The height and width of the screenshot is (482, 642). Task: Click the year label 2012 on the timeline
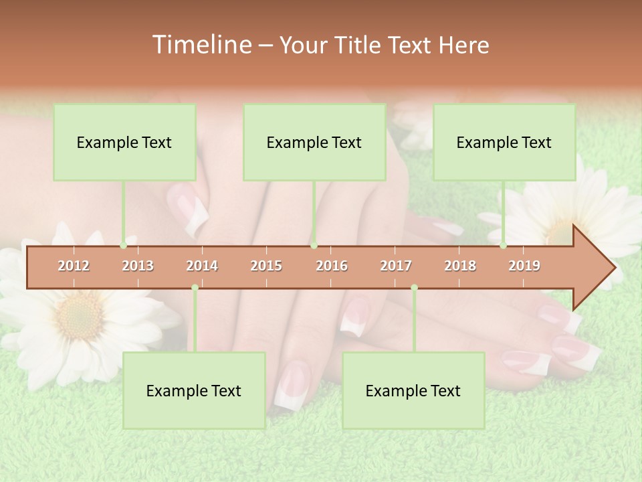click(x=74, y=266)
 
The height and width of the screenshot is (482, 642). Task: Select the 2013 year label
click(x=138, y=266)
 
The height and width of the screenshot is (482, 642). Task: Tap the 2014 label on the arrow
click(x=202, y=266)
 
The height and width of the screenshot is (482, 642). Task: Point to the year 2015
click(x=266, y=266)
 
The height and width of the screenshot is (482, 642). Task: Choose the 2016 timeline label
click(x=332, y=266)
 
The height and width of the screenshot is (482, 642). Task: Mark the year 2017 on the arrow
click(x=396, y=266)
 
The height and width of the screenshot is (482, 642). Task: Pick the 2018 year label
click(x=460, y=266)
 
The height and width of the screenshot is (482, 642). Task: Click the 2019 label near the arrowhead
click(x=524, y=266)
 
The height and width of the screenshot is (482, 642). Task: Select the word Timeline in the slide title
click(x=201, y=45)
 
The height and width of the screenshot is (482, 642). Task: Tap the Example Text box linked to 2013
click(x=124, y=142)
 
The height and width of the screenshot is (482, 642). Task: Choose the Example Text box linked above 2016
click(x=314, y=142)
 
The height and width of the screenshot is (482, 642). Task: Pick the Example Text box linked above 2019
click(x=504, y=142)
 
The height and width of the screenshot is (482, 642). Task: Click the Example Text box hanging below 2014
click(x=194, y=390)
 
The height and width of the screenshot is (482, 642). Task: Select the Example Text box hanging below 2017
click(x=413, y=390)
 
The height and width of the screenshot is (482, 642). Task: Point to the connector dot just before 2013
click(x=124, y=245)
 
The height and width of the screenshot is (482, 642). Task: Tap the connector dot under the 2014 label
click(x=195, y=288)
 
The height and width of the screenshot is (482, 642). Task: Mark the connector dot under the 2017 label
click(x=414, y=288)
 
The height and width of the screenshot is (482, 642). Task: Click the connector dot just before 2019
click(x=504, y=245)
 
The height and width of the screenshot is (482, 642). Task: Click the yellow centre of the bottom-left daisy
click(x=79, y=315)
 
